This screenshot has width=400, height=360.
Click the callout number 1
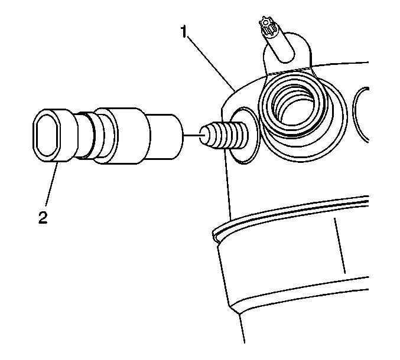[184, 32]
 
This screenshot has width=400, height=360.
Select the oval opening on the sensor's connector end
[47, 135]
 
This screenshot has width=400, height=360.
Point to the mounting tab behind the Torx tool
[287, 54]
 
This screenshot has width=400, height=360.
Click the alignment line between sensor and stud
[192, 135]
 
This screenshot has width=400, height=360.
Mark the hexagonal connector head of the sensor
[54, 135]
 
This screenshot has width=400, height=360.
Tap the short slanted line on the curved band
[340, 246]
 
